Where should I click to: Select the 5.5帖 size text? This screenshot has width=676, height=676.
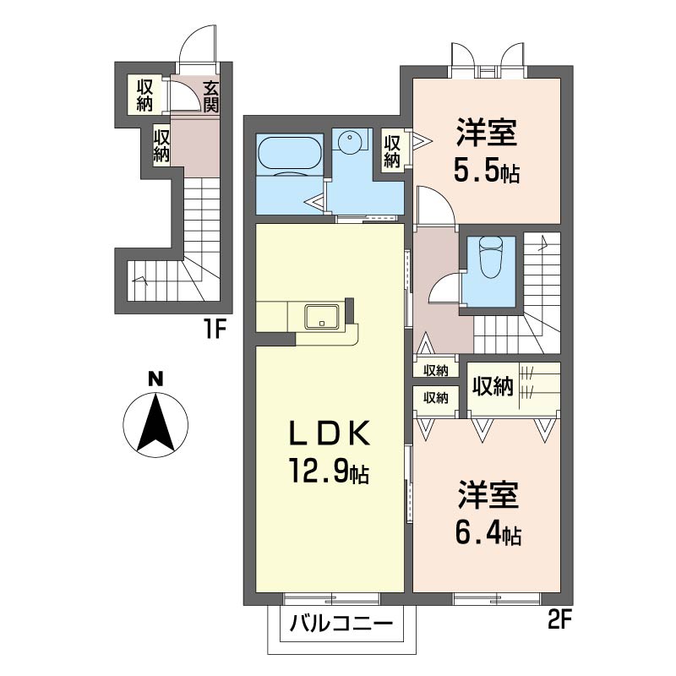pyautogui.click(x=487, y=172)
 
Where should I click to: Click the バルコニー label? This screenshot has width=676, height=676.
pyautogui.click(x=341, y=626)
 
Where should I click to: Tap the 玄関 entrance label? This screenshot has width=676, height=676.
pyautogui.click(x=210, y=96)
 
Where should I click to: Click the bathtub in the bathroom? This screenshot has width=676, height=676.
pyautogui.click(x=291, y=155)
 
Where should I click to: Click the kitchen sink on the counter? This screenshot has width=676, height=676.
pyautogui.click(x=322, y=316)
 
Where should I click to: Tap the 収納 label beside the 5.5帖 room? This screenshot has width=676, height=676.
pyautogui.click(x=391, y=150)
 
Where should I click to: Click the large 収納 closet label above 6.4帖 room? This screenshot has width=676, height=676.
pyautogui.click(x=492, y=386)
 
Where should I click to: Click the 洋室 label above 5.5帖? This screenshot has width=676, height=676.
pyautogui.click(x=487, y=134)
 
